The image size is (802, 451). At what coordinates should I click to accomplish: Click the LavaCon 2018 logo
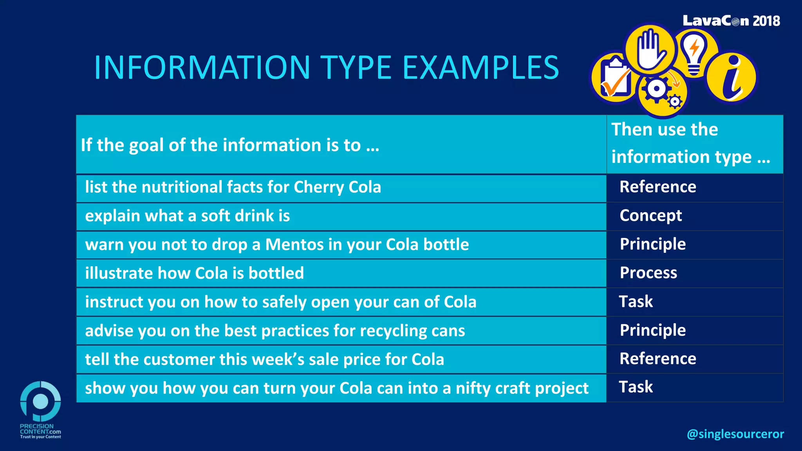click(731, 21)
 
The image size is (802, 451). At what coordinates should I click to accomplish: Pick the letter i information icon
click(731, 78)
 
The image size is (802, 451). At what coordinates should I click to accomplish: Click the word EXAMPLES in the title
click(480, 67)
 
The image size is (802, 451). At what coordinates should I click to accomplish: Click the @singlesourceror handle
click(735, 434)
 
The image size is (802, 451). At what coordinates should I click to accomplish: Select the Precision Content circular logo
click(40, 401)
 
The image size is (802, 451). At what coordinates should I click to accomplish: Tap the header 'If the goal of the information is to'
click(230, 145)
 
